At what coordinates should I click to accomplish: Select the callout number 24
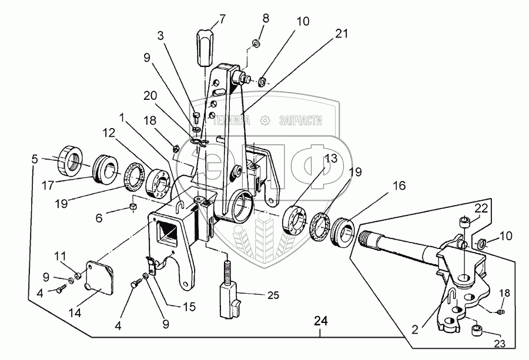320,321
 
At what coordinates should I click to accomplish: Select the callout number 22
481,208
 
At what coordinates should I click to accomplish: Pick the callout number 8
266,18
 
